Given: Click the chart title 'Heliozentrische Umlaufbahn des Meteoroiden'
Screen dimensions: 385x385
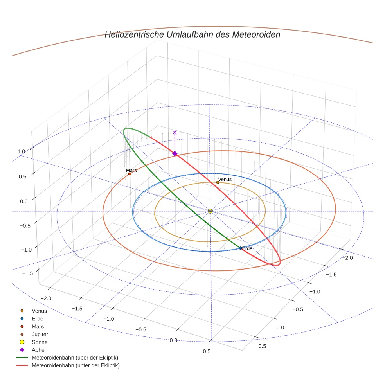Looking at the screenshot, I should click(192, 34).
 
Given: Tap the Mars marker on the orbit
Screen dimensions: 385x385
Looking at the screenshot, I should click(130, 174).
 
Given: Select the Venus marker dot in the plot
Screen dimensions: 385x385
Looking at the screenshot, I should click(218, 182).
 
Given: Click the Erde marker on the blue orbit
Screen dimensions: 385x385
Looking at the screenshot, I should click(240, 248).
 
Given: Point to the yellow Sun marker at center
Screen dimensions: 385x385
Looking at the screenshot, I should click(210, 211).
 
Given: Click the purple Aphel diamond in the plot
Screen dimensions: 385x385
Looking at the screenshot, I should click(175, 153).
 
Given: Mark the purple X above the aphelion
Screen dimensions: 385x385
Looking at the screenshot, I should click(175, 133).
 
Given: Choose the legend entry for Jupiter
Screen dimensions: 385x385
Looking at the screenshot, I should click(40, 334).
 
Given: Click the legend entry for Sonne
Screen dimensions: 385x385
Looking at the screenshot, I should click(39, 342).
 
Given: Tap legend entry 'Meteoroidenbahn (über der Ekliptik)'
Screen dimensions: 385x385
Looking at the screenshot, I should click(75, 358).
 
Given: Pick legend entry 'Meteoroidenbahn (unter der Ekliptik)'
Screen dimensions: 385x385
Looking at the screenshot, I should click(76, 365).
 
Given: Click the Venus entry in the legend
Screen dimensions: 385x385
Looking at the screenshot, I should click(39, 311).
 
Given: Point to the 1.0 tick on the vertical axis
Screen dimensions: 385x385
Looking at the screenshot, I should click(21, 151).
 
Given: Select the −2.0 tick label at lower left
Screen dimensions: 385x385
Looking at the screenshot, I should click(46, 298).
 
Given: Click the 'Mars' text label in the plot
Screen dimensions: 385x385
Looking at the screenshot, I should click(131, 171).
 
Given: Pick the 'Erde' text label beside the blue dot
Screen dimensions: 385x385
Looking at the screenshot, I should click(247, 248).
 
